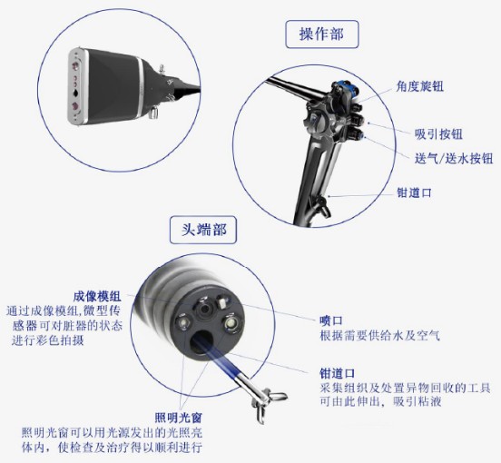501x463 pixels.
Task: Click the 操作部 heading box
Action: (x=320, y=34)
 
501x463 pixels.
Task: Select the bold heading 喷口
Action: (x=330, y=320)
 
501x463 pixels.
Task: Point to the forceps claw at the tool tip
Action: (x=272, y=398)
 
